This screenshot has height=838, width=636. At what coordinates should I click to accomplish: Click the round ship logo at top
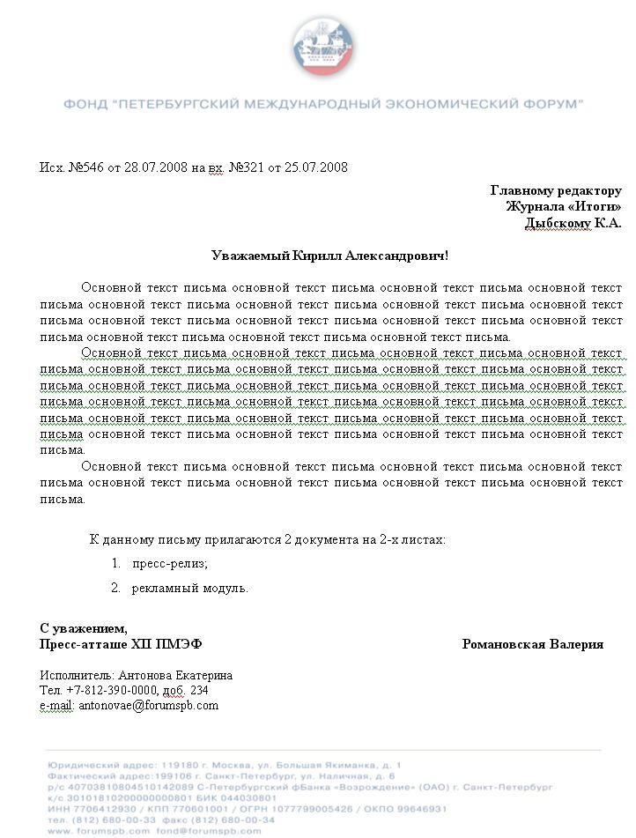(322, 44)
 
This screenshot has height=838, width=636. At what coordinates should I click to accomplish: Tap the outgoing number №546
(86, 167)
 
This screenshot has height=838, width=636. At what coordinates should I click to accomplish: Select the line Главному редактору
(556, 190)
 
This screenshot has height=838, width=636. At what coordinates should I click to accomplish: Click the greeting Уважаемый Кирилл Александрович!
(330, 256)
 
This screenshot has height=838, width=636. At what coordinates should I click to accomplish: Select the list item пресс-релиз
(169, 564)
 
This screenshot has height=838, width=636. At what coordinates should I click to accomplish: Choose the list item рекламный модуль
(189, 588)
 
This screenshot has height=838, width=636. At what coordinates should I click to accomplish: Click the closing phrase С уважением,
(84, 628)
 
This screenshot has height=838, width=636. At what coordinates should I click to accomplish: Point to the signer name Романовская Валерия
(533, 644)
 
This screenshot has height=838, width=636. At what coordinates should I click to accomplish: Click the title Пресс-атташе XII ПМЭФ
(121, 644)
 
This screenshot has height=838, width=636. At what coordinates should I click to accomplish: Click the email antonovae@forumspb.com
(149, 705)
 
